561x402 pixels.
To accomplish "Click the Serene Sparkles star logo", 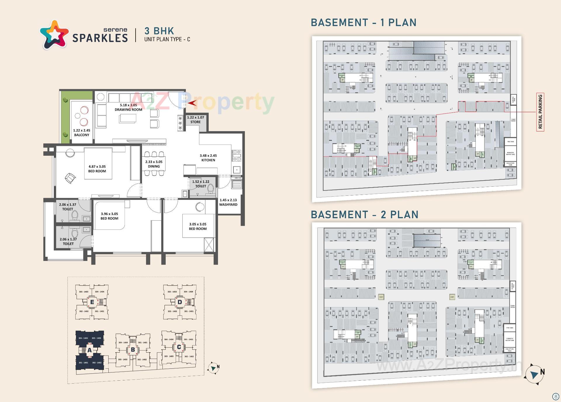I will tap(55, 34).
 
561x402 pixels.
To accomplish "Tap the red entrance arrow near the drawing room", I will tap(192, 103).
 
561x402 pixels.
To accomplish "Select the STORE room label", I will tap(195, 122).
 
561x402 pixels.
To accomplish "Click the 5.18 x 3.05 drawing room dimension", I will tap(128, 105).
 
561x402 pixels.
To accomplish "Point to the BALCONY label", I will tap(82, 135).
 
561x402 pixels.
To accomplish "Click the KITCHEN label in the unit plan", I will tap(208, 160).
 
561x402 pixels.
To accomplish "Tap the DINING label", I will tap(154, 166).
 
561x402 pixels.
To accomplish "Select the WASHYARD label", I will tap(228, 205).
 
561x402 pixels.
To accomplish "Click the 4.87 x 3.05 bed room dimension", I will tap(97, 167).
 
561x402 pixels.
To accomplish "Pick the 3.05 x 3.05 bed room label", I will tap(198, 226).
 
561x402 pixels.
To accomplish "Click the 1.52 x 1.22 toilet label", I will tap(200, 184).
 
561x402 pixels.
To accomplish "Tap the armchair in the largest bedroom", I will tap(70, 178).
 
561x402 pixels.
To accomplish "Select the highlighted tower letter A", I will tap(89, 350).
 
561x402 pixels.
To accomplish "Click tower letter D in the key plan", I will tap(180, 302).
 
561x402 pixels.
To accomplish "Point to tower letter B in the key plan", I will tap(133, 349).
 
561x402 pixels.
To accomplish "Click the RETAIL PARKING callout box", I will tap(540, 112).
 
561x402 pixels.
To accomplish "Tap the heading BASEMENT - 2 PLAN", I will tap(364, 215).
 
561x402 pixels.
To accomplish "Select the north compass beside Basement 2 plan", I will tap(534, 375).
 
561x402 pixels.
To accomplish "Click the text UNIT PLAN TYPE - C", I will tap(167, 39).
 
